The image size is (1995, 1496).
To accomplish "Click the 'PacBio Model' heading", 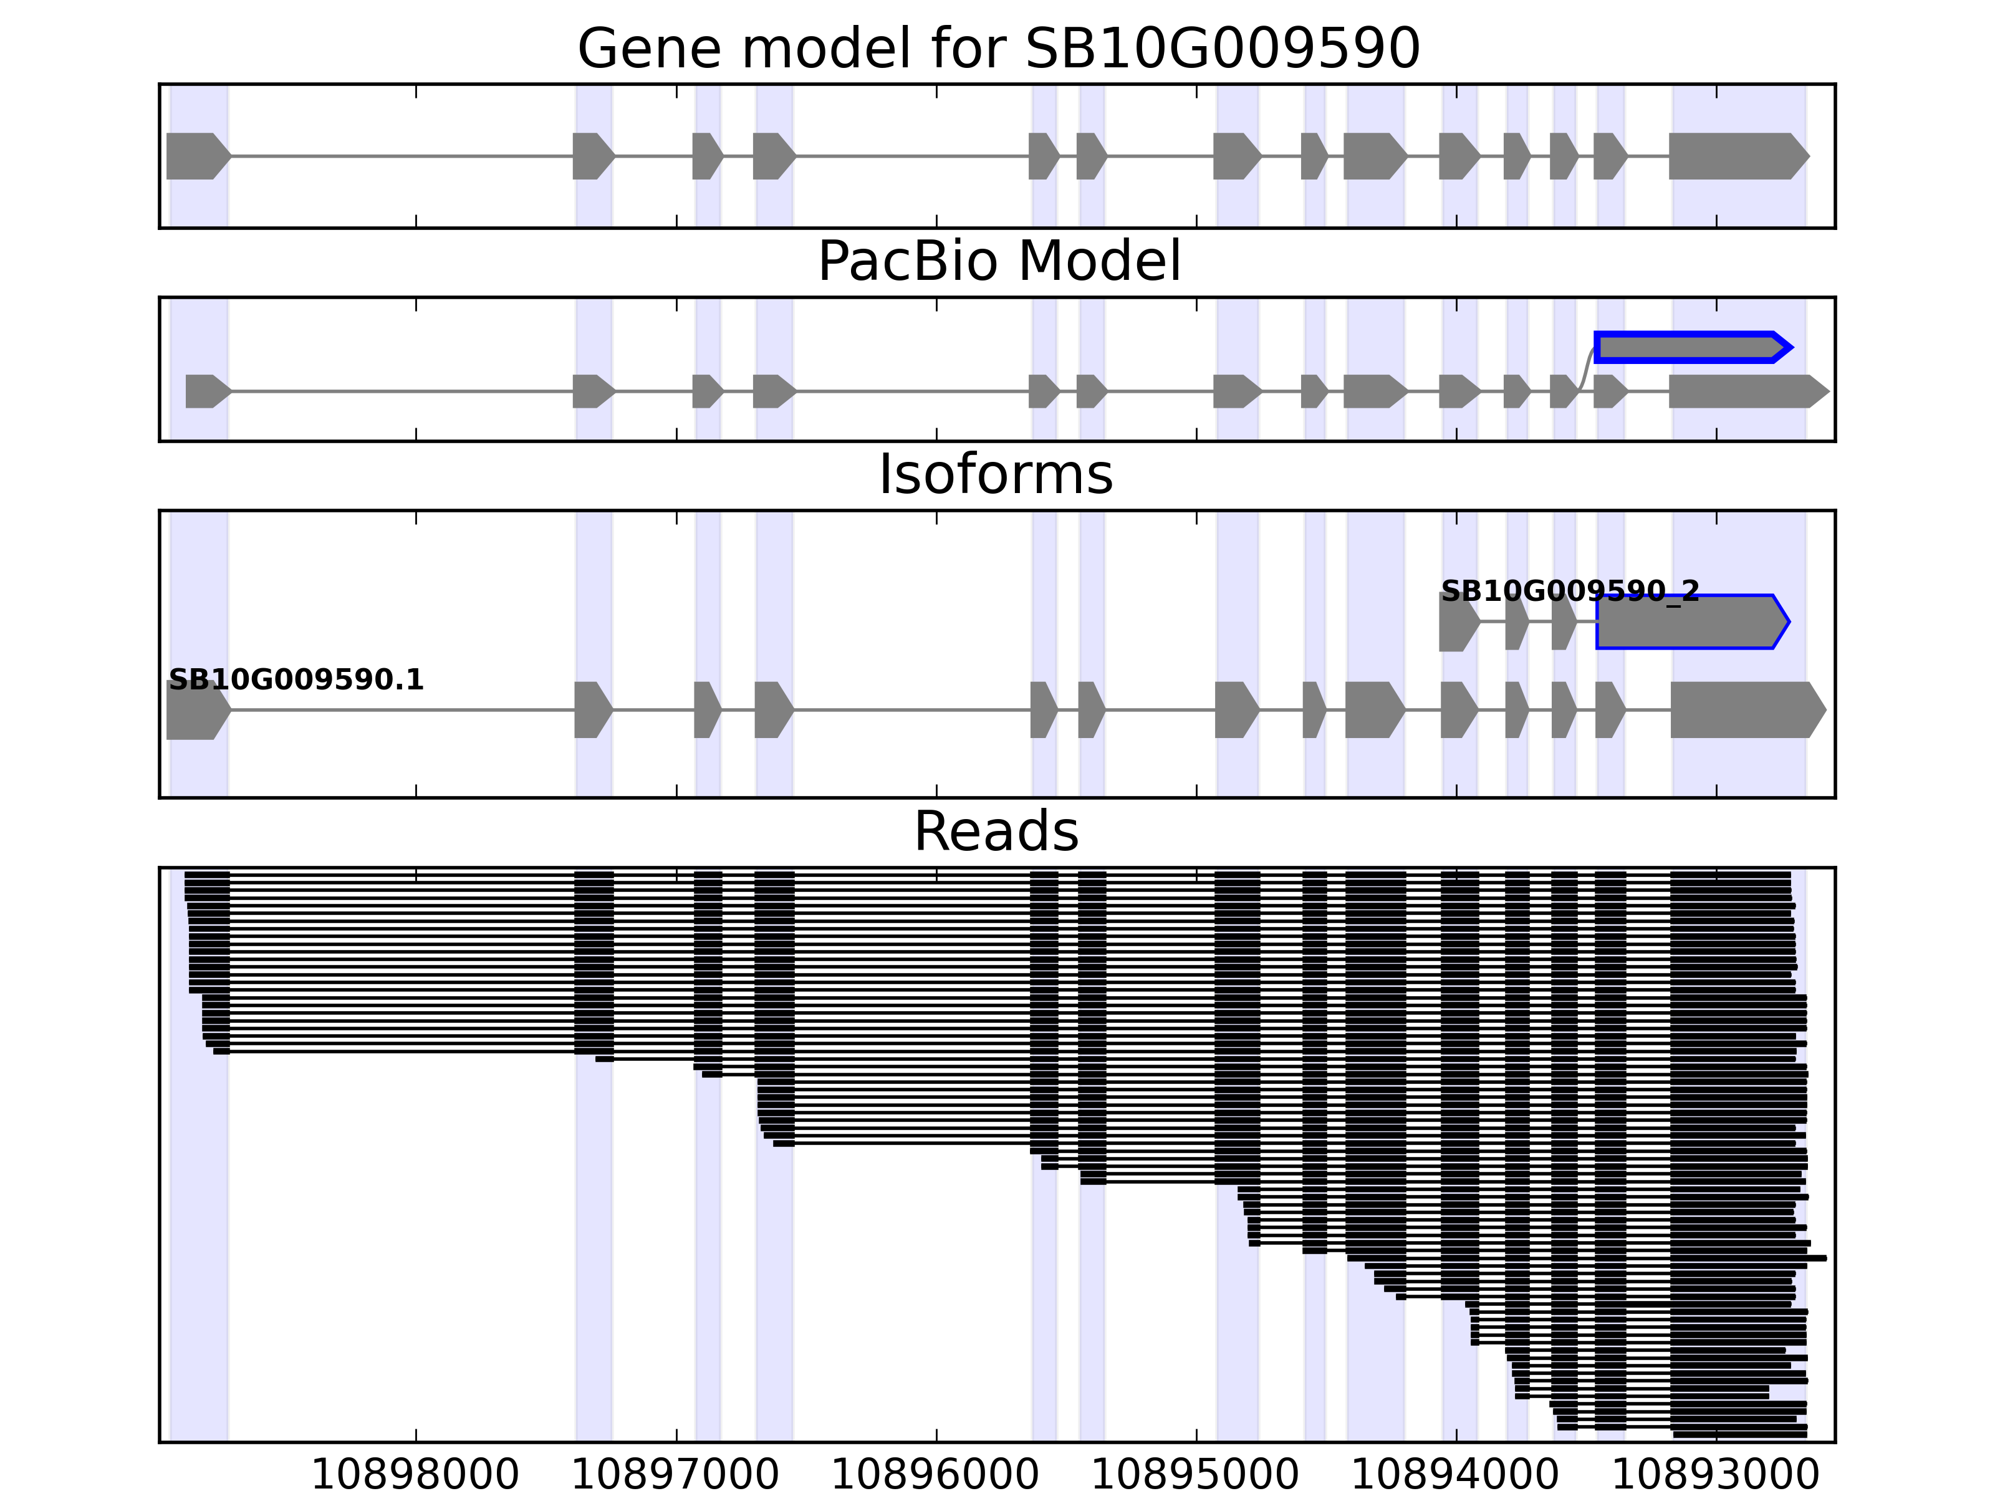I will coord(997,262).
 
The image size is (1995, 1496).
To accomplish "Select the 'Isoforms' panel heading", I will coord(996,474).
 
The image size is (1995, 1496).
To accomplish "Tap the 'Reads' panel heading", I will coord(996,832).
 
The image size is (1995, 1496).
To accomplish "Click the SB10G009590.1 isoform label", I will coord(296,680).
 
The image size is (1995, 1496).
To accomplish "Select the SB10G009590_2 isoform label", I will coord(1569,592).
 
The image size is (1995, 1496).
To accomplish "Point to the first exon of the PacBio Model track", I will coord(206,391).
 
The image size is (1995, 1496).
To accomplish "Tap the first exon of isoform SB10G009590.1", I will coord(196,711).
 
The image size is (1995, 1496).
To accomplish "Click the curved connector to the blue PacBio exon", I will coord(1587,370).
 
